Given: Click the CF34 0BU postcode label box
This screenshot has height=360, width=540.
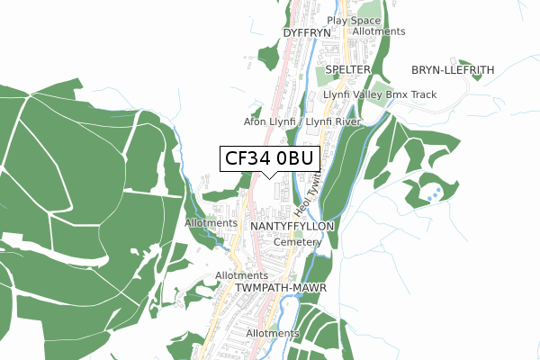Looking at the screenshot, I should pos(268,158).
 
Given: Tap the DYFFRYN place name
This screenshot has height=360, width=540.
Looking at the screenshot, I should pos(308,32).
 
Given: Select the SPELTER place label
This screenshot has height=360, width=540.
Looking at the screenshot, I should pos(347,69).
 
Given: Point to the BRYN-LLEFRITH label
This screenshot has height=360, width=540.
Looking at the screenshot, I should pos(452,69).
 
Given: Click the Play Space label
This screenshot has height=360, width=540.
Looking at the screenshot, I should pos(354,20).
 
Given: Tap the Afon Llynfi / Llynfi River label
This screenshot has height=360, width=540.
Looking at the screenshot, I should pos(302,121).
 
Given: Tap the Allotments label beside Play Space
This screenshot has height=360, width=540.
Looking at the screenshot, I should pos(379,31).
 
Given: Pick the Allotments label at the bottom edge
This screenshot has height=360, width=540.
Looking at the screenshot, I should pos(272,333).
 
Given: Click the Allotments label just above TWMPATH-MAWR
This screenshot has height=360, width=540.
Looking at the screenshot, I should pos(242,275).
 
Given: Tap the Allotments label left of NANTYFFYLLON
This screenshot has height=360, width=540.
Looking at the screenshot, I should pos(211,223).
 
